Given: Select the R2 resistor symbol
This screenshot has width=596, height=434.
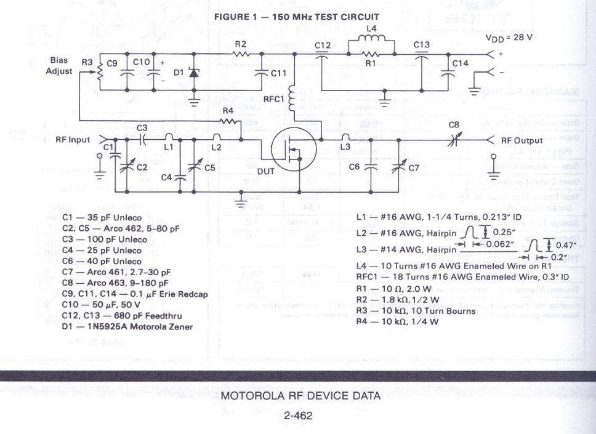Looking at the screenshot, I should click(240, 54).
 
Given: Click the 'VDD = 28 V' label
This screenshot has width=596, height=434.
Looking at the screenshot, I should click(509, 37).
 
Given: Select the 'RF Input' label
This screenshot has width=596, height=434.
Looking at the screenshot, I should click(72, 140).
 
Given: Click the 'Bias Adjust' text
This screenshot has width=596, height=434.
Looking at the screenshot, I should click(59, 66).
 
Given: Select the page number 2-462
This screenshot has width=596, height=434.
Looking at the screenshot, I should click(298, 416).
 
